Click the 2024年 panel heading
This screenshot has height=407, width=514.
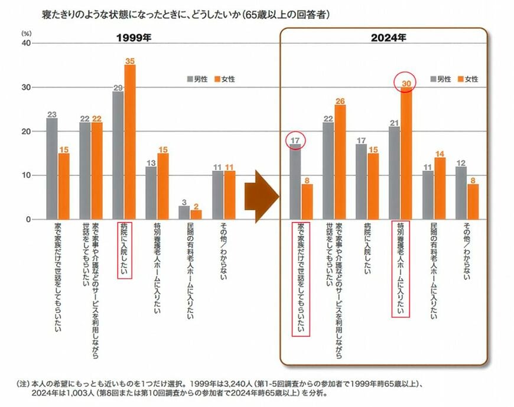pyautogui.click(x=385, y=39)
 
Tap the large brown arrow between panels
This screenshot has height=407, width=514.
pyautogui.click(x=261, y=196)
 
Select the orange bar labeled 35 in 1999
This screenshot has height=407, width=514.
pyautogui.click(x=130, y=142)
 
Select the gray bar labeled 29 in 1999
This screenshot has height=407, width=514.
pyautogui.click(x=118, y=155)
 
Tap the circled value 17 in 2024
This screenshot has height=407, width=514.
pyautogui.click(x=295, y=141)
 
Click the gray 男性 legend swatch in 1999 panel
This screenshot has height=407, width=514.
pyautogui.click(x=190, y=79)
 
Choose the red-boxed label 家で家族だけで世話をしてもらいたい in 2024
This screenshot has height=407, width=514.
pyautogui.click(x=301, y=278)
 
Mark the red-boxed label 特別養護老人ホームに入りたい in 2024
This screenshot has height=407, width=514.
pyautogui.click(x=401, y=269)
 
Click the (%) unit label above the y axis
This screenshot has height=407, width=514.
pyautogui.click(x=26, y=34)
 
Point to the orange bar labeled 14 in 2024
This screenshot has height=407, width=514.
pyautogui.click(x=440, y=188)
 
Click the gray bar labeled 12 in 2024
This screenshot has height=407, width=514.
pyautogui.click(x=461, y=193)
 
